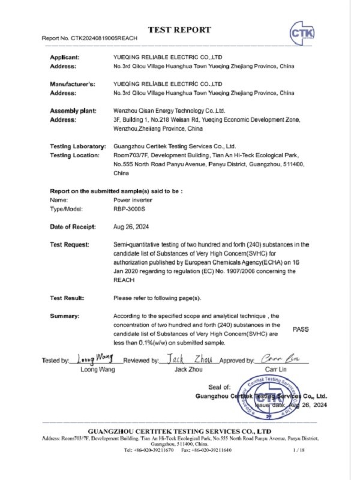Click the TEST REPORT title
[179, 29]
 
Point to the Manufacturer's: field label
[72, 84]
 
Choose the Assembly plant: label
[72, 111]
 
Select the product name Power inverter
[131, 199]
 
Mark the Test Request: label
[70, 245]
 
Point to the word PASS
[301, 329]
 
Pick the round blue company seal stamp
[266, 396]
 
